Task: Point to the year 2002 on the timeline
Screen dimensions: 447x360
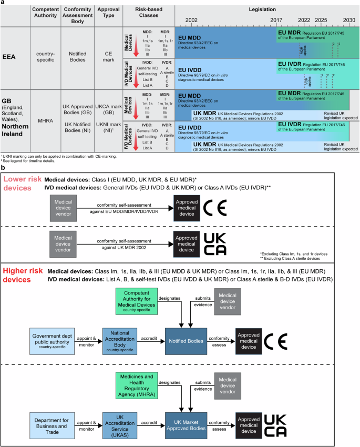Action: (x=191, y=19)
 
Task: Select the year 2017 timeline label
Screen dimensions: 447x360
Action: (x=276, y=19)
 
